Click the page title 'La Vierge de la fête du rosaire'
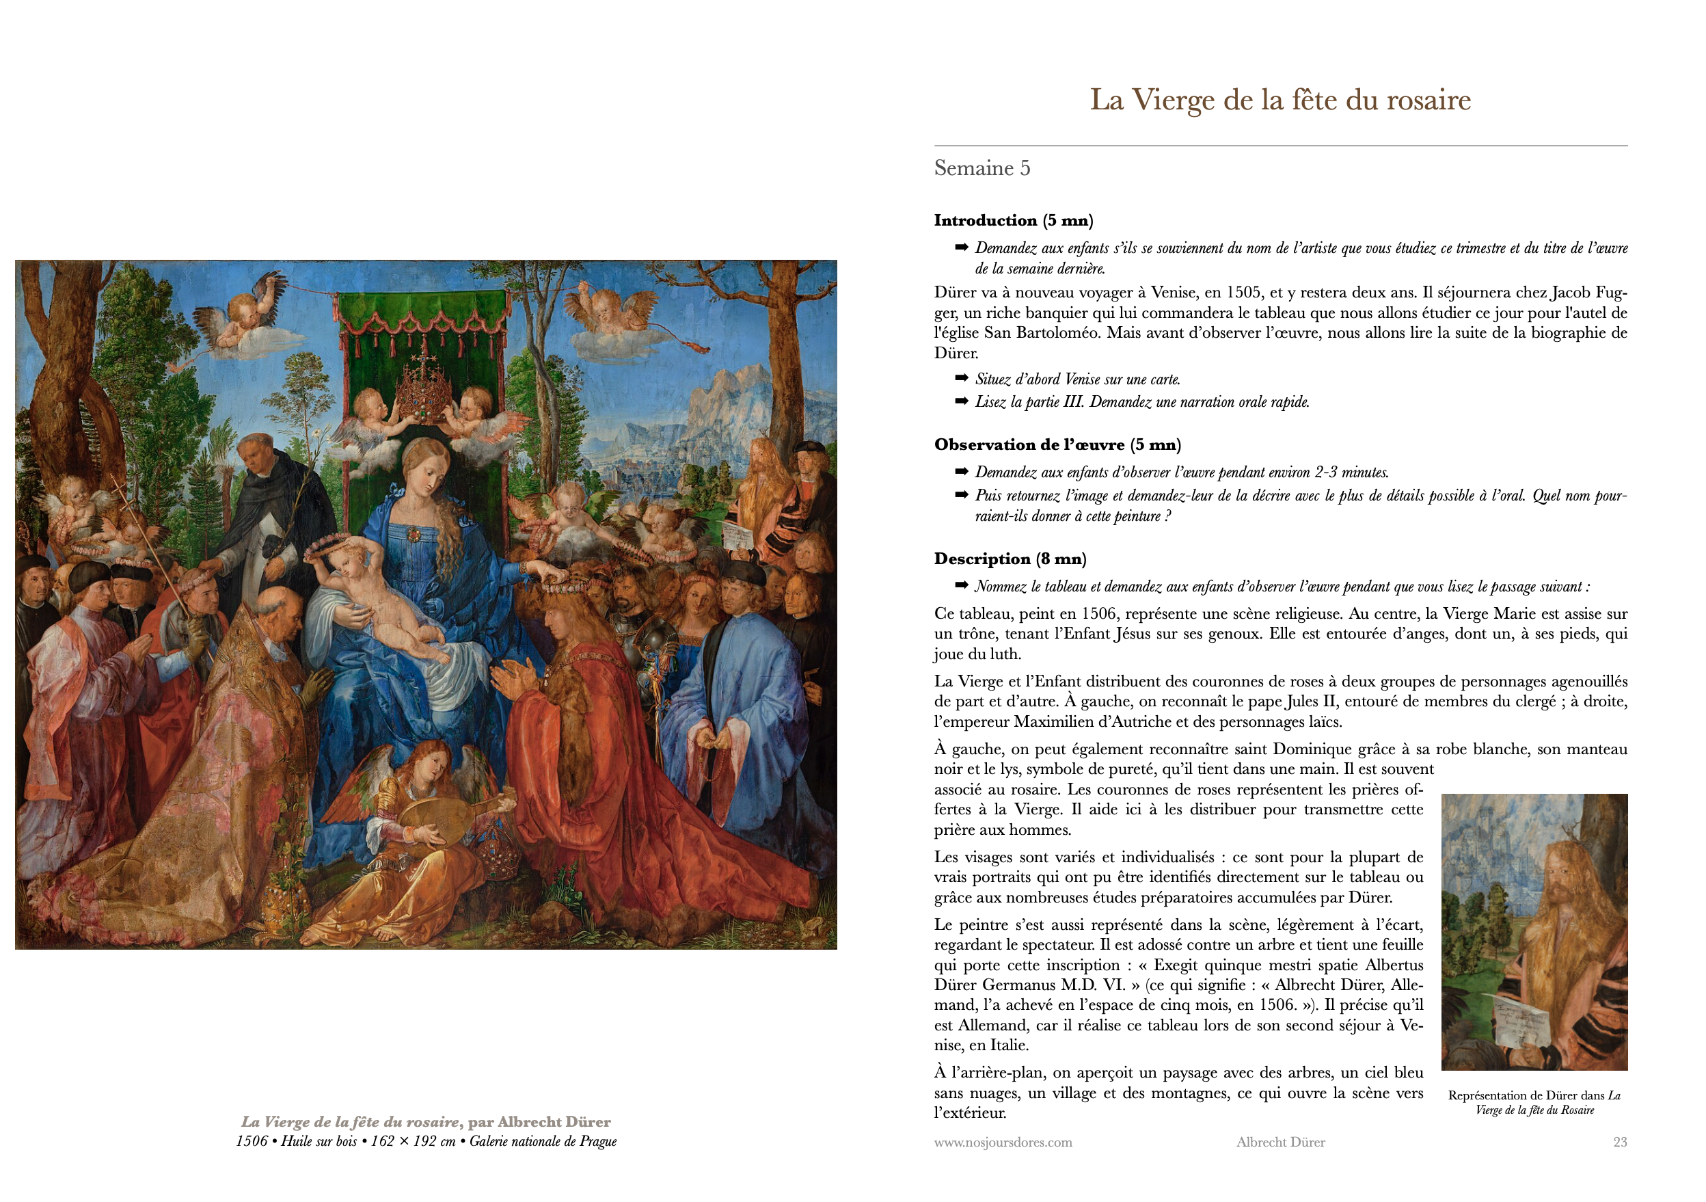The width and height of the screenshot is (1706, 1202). (x=1279, y=100)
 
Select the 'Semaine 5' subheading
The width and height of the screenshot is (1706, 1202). (x=981, y=168)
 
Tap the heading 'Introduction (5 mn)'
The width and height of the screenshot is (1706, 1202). (x=1013, y=220)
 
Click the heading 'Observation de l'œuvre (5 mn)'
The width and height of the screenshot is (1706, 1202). (x=1057, y=444)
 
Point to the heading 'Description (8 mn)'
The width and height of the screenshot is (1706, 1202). (x=1010, y=559)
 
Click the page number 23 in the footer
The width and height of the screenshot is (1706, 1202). (x=1620, y=1142)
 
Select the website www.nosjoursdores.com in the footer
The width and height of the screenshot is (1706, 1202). (x=1003, y=1142)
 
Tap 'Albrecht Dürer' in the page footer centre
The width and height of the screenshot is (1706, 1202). (x=1280, y=1142)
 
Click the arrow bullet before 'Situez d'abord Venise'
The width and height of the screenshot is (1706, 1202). (x=962, y=378)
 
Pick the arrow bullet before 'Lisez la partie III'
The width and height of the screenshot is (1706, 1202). (x=962, y=401)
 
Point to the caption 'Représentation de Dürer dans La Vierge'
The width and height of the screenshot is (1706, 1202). (x=1534, y=1101)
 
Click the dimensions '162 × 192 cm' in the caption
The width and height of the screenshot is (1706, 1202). (x=413, y=1141)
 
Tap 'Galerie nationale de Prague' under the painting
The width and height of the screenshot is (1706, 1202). (x=543, y=1141)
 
